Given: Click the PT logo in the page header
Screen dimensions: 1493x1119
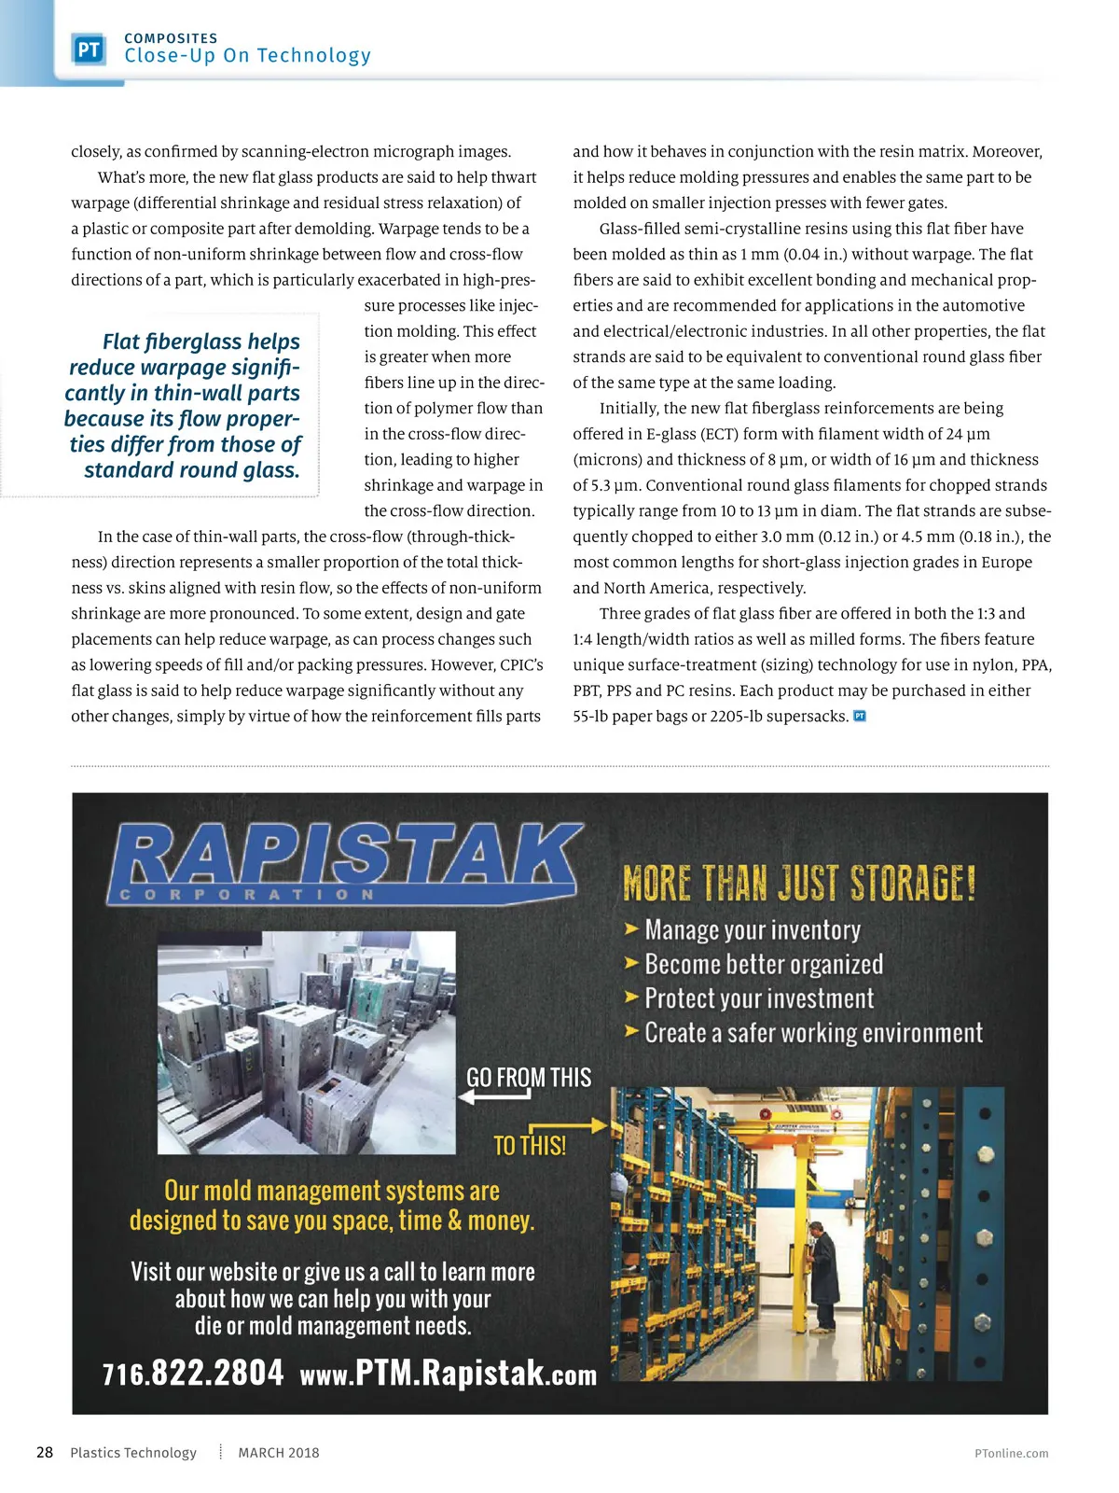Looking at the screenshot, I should point(89,49).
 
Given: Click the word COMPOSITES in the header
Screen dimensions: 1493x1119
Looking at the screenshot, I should point(171,38).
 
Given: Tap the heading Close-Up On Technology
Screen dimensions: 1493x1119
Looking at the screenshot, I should point(247,56).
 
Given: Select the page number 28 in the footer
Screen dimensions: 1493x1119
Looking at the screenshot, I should point(45,1452).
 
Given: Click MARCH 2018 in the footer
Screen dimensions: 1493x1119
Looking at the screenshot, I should point(278,1452).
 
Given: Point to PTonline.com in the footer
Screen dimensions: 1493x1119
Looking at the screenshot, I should point(1011,1453).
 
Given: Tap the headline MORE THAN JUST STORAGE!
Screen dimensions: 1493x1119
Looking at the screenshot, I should point(799,883).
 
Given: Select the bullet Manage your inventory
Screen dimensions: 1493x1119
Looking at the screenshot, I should point(752,930).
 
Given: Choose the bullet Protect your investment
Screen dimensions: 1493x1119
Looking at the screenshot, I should point(758,998).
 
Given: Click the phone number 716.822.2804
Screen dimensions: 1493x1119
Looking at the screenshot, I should point(193,1373).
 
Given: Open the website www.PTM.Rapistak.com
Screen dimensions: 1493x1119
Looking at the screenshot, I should point(448,1374).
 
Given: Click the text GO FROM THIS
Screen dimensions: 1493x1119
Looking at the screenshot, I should point(529,1078).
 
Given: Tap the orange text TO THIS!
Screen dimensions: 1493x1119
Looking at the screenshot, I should point(530,1145).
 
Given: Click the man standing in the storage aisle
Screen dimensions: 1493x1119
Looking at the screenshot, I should point(821,1275).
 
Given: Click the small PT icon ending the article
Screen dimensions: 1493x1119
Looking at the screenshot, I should point(860,716).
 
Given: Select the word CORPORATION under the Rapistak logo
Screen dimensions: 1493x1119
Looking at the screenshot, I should point(247,895).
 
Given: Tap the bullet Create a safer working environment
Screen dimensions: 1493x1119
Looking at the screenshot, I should point(812,1033).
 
